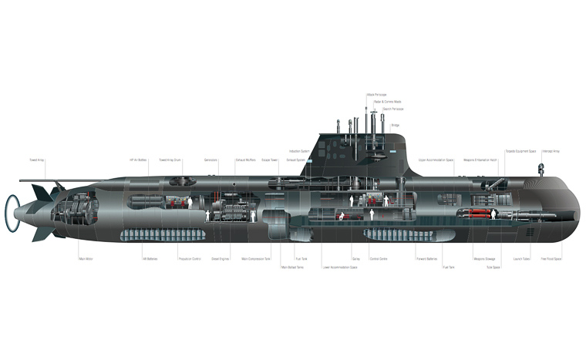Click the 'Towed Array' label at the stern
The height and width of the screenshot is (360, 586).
pos(37,160)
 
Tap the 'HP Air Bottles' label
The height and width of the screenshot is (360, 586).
pos(139,160)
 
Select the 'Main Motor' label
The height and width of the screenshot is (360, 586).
pos(86,259)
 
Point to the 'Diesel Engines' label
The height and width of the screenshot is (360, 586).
pos(221,259)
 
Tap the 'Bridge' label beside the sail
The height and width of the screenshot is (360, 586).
pos(395,125)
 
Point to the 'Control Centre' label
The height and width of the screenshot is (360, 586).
pos(378,259)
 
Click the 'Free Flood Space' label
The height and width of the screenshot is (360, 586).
pos(551,259)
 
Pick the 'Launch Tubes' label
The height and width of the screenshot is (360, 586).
pos(522,259)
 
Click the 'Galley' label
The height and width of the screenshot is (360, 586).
pos(355,259)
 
